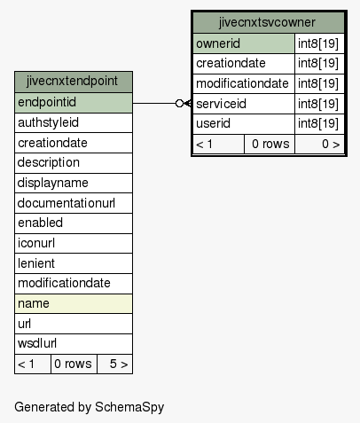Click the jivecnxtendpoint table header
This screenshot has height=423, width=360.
[x=74, y=82]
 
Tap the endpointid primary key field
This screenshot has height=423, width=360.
[x=74, y=103]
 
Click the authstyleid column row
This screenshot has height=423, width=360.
[x=74, y=122]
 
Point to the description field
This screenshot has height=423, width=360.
[x=74, y=163]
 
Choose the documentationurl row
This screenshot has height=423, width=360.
[x=74, y=203]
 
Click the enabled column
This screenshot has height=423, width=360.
[x=74, y=223]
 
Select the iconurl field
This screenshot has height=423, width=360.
[x=74, y=243]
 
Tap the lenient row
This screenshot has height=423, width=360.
[x=74, y=263]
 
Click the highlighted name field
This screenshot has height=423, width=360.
[x=74, y=303]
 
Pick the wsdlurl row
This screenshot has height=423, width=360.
[x=74, y=344]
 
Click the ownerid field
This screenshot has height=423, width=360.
[x=244, y=43]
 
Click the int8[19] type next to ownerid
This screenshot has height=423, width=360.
[x=319, y=43]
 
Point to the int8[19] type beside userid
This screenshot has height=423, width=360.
[x=319, y=123]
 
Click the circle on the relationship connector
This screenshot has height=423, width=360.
[x=179, y=103]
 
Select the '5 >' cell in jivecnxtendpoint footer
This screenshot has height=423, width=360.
[x=114, y=364]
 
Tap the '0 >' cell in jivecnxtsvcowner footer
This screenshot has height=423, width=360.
[x=319, y=144]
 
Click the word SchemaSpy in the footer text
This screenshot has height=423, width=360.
[x=129, y=407]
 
